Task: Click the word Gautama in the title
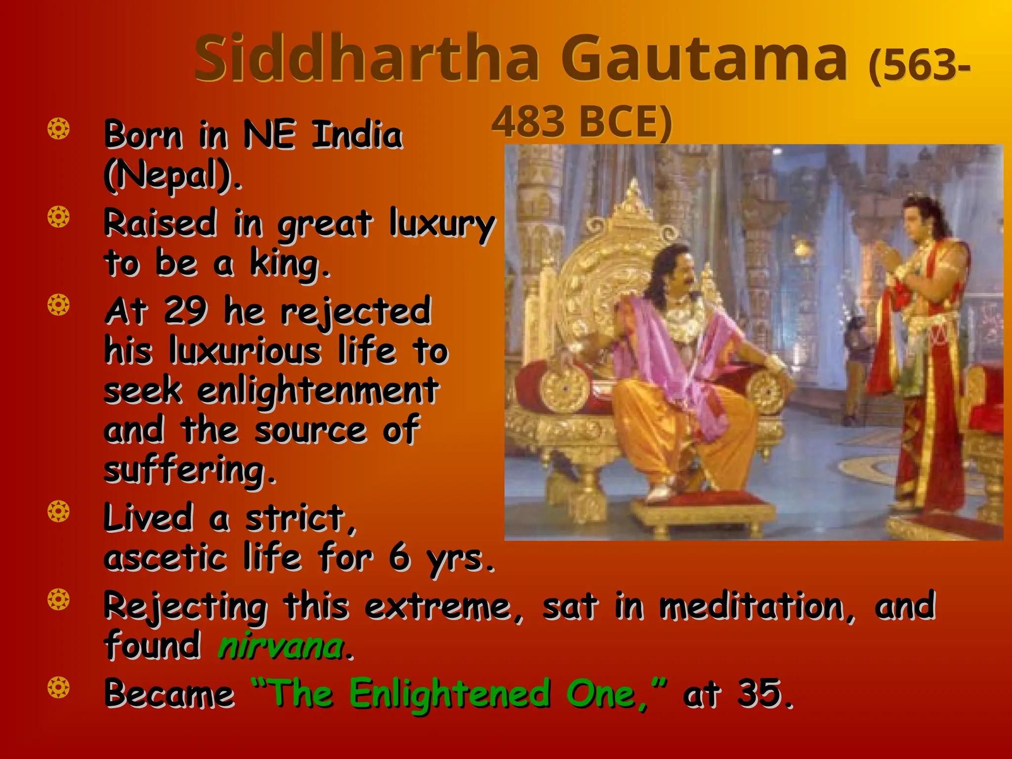pyautogui.click(x=705, y=58)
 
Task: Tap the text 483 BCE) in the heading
pyautogui.click(x=582, y=122)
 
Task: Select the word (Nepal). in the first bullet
pyautogui.click(x=173, y=175)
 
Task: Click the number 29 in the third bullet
pyautogui.click(x=185, y=311)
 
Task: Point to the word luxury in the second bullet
pyautogui.click(x=441, y=223)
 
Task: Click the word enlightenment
pyautogui.click(x=318, y=390)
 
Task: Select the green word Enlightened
pyautogui.click(x=450, y=693)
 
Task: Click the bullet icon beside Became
pyautogui.click(x=58, y=688)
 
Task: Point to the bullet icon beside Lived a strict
pyautogui.click(x=58, y=511)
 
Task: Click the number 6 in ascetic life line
pyautogui.click(x=399, y=557)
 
